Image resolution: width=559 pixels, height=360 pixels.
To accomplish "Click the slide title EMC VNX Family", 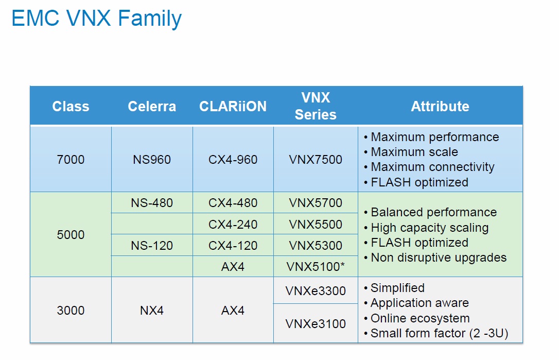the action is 97,18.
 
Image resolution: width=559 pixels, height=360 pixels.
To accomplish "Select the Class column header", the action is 71,106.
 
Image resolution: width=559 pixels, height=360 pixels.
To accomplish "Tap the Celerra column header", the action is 152,106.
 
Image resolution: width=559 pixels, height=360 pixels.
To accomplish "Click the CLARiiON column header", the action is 233,106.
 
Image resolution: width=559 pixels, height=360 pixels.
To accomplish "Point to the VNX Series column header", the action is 316,106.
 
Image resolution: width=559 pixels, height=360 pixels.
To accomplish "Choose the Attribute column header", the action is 440,106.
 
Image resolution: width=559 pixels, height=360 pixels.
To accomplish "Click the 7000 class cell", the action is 71,160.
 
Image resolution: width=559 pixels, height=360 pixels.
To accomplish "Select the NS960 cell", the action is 152,160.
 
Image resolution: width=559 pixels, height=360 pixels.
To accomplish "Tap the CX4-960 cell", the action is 233,160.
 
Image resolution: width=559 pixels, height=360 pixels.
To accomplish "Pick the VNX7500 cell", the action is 316,160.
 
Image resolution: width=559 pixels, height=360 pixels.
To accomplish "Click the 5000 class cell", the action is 71,235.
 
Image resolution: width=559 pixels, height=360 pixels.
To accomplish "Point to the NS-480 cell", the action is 152,203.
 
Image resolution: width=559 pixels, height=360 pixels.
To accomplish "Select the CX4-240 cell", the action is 233,225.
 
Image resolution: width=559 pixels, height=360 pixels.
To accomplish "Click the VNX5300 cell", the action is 316,246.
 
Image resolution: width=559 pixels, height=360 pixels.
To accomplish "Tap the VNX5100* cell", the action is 316,266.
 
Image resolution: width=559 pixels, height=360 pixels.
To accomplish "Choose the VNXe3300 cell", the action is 316,291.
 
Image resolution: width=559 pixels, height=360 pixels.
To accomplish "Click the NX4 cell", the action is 152,311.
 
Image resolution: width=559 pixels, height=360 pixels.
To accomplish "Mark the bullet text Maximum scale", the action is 414,152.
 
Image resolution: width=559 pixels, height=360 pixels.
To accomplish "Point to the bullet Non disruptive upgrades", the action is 439,258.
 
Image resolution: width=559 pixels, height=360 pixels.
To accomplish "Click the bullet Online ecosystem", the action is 420,318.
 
